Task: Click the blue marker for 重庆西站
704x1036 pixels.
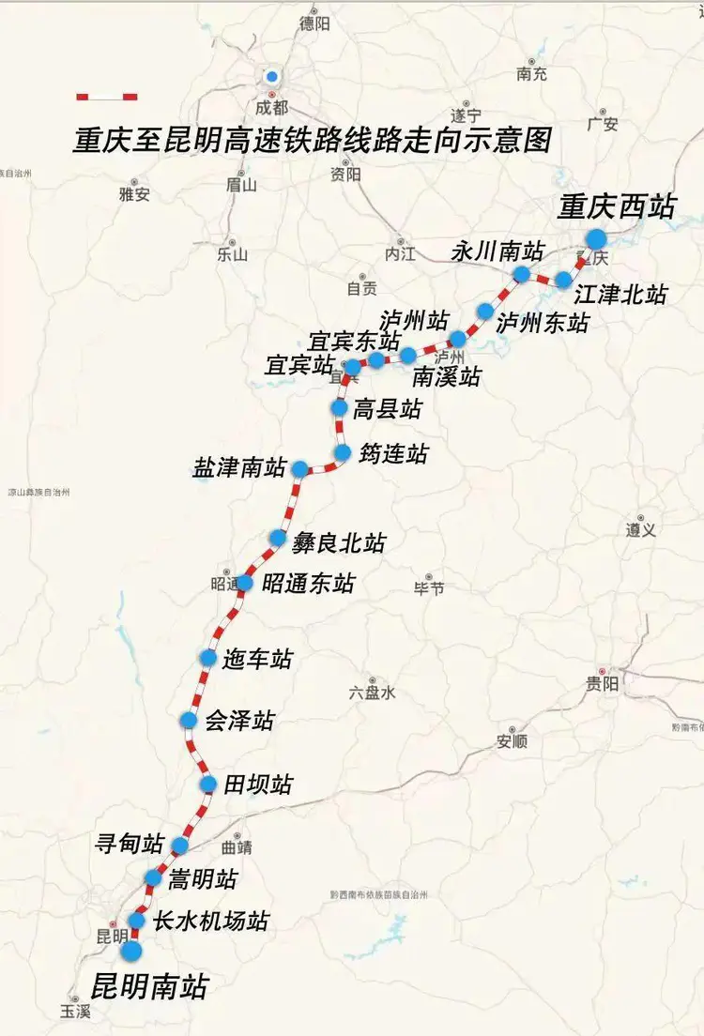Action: [x=596, y=239]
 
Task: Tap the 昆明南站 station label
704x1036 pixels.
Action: [x=148, y=986]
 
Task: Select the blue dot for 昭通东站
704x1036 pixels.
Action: [x=244, y=583]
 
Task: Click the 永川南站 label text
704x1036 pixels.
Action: [x=497, y=251]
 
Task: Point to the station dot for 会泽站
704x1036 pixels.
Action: [x=189, y=721]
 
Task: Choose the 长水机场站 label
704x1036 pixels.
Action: [x=211, y=921]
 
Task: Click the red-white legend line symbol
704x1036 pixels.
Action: [x=107, y=97]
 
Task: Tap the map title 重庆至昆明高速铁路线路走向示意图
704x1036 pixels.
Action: [x=312, y=140]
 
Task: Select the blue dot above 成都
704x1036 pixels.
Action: [x=271, y=77]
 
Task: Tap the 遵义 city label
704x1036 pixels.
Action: [x=640, y=530]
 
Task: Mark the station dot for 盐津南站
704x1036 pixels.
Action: [x=299, y=469]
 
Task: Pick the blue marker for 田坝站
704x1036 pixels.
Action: [x=209, y=785]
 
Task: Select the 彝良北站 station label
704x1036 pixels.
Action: [x=339, y=541]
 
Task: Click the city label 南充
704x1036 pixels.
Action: [x=531, y=74]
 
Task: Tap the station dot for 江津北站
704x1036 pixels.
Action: [x=563, y=280]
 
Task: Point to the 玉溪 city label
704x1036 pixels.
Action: [x=75, y=1012]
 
